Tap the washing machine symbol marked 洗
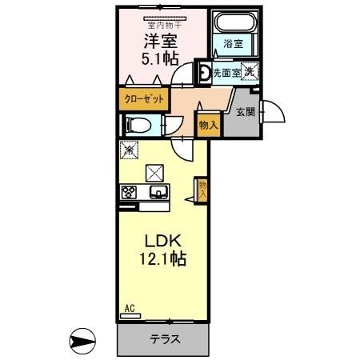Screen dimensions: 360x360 [250, 71]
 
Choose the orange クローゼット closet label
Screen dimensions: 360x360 [144, 98]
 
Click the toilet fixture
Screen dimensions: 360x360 [139, 125]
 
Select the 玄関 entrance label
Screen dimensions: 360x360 [245, 112]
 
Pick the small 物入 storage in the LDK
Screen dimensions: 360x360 [202, 190]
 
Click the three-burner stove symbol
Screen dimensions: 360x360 [130, 192]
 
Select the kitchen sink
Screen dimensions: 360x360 [158, 192]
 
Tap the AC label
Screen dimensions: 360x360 [129, 307]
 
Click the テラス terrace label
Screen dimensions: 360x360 [164, 339]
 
